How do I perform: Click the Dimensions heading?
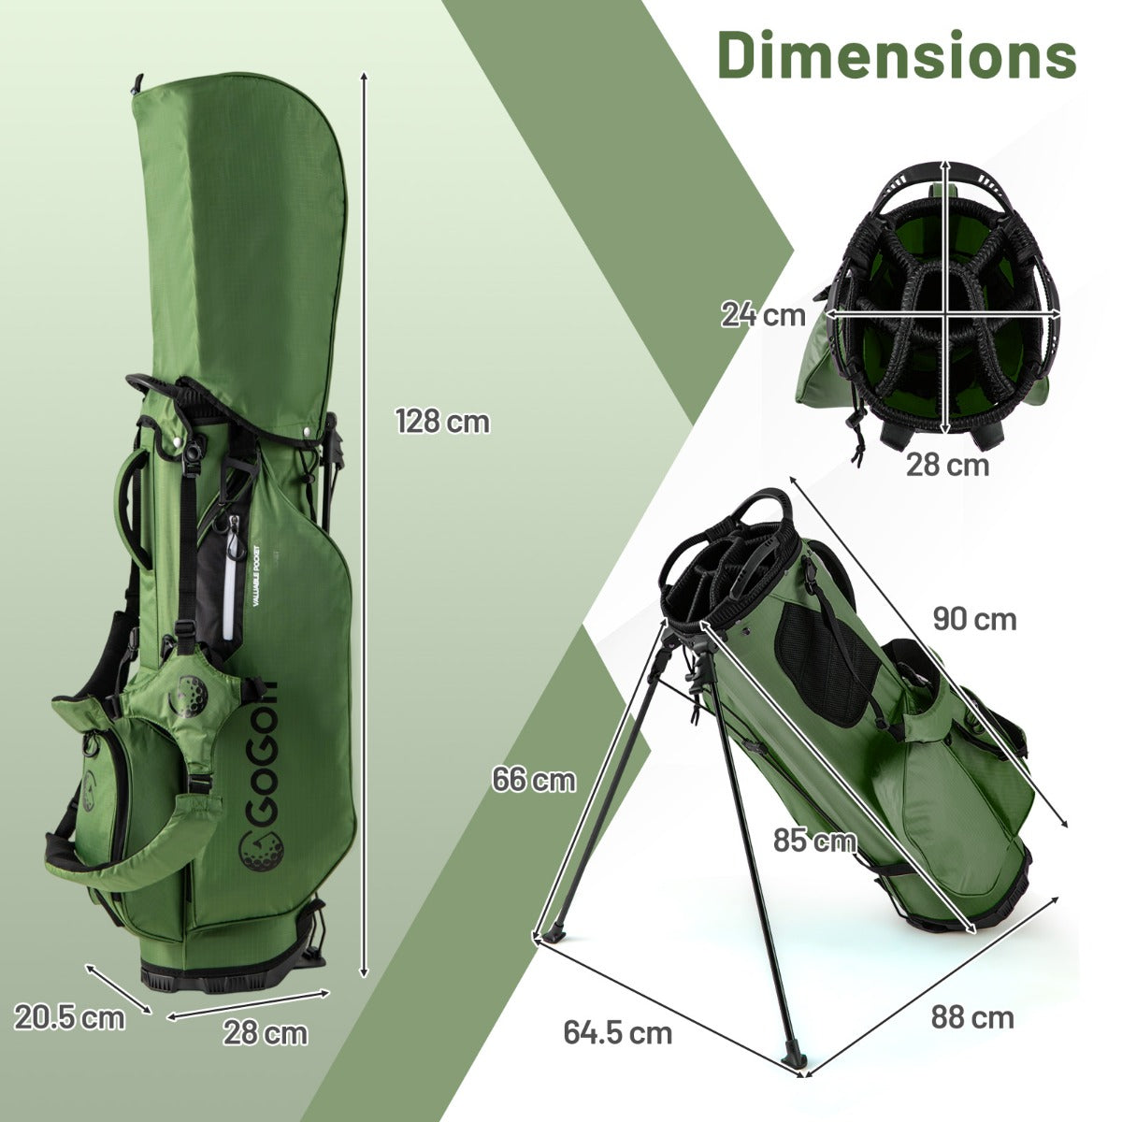tap(897, 55)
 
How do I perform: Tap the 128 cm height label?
tap(442, 422)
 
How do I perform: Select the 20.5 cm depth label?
tap(69, 1017)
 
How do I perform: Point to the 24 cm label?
tap(763, 315)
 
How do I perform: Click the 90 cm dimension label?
tap(973, 618)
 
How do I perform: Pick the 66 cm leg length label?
tap(534, 779)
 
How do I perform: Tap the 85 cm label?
tap(814, 841)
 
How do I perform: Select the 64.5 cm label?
tap(617, 1032)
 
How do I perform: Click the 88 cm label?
tap(972, 1017)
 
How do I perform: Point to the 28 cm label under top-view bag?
tap(946, 465)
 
